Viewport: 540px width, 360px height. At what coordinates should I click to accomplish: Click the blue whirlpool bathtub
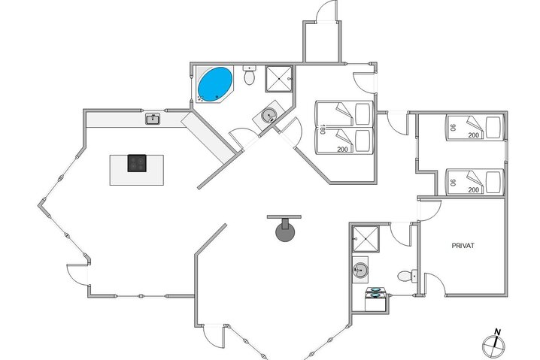tap(214, 83)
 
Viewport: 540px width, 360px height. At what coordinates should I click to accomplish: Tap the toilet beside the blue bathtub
tap(250, 75)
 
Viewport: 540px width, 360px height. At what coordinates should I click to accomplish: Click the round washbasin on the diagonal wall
tap(268, 116)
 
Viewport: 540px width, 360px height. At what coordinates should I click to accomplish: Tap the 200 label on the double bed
tap(343, 150)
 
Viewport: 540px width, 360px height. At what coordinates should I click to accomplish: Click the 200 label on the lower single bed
tap(473, 189)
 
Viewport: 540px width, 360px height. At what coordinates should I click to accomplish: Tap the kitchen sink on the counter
tap(153, 118)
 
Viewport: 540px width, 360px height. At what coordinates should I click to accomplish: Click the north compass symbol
tap(492, 343)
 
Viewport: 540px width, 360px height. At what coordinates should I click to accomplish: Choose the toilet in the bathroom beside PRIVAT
tap(407, 276)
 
